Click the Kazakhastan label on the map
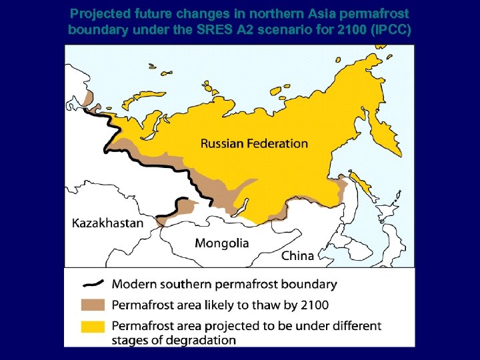pyautogui.click(x=107, y=223)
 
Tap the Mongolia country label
pyautogui.click(x=221, y=243)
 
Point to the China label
pyautogui.click(x=297, y=255)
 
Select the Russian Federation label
pyautogui.click(x=254, y=143)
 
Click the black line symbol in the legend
pyautogui.click(x=93, y=283)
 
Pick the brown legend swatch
pyautogui.click(x=93, y=305)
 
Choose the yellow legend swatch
pyautogui.click(x=93, y=327)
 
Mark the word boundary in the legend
pyautogui.click(x=310, y=284)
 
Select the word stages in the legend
pyautogui.click(x=129, y=340)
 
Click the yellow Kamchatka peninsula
pyautogui.click(x=387, y=133)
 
